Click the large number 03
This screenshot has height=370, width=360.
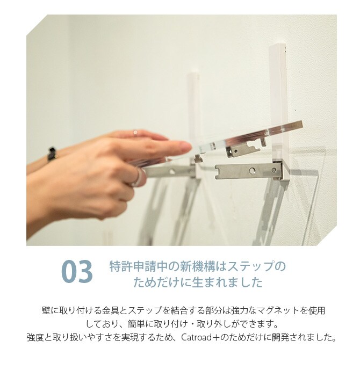pyautogui.click(x=77, y=271)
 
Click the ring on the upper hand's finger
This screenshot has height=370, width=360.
pyautogui.click(x=135, y=133)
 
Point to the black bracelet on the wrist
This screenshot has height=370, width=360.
pyautogui.click(x=52, y=155)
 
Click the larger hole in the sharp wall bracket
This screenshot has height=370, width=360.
pyautogui.click(x=253, y=170)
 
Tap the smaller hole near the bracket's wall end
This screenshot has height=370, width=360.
pyautogui.click(x=274, y=170)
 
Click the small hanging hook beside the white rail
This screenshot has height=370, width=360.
pyautogui.click(x=263, y=141)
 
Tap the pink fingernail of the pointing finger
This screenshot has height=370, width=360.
pyautogui.click(x=185, y=147)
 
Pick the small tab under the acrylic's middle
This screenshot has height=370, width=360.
pyautogui.click(x=198, y=159)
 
